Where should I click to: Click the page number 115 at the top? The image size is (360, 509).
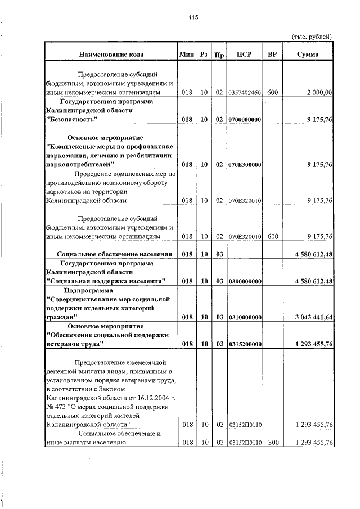click(x=193, y=17)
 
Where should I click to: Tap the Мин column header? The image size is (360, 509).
click(x=187, y=55)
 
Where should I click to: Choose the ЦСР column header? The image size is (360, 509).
click(x=244, y=55)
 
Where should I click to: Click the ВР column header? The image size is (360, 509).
click(x=272, y=55)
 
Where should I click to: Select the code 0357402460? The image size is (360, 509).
click(x=245, y=92)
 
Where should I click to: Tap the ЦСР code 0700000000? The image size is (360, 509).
click(x=245, y=120)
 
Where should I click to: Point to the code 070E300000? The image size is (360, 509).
click(x=245, y=165)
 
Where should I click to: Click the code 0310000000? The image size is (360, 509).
click(x=245, y=318)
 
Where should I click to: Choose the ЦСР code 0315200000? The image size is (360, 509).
click(x=245, y=344)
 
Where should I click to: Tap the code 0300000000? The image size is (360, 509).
click(x=245, y=281)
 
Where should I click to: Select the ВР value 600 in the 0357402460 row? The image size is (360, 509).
click(x=272, y=92)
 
